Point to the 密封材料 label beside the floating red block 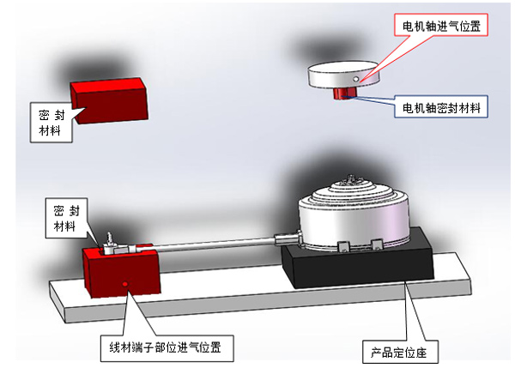point(51,123)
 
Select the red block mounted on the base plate point(120,271)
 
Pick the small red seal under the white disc point(346,93)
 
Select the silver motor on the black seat point(354,215)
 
